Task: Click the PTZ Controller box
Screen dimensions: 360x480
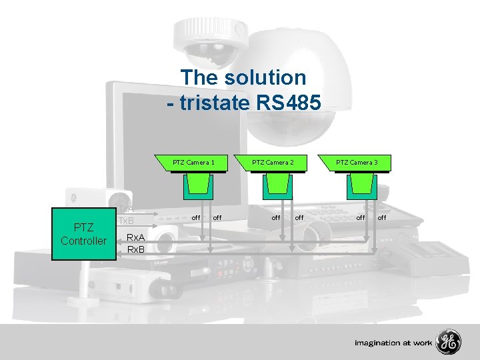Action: pyautogui.click(x=83, y=234)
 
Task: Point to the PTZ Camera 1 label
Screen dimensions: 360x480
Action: pyautogui.click(x=193, y=162)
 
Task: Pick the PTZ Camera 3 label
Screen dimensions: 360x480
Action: pyautogui.click(x=356, y=162)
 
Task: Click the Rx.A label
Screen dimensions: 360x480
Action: pyautogui.click(x=137, y=237)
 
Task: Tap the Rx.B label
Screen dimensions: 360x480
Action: pyautogui.click(x=137, y=249)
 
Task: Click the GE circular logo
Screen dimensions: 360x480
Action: pyautogui.click(x=449, y=343)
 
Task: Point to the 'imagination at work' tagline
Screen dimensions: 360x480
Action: pyautogui.click(x=393, y=343)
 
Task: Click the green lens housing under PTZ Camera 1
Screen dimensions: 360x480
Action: pyautogui.click(x=198, y=186)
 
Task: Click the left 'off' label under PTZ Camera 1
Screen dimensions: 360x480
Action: pyautogui.click(x=196, y=217)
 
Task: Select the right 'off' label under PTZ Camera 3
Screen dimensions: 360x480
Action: pyautogui.click(x=382, y=217)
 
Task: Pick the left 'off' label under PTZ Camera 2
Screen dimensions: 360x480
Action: pyautogui.click(x=275, y=217)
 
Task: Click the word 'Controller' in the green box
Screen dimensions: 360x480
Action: pyautogui.click(x=83, y=241)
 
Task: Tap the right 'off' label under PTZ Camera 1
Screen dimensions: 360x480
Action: pyautogui.click(x=217, y=217)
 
